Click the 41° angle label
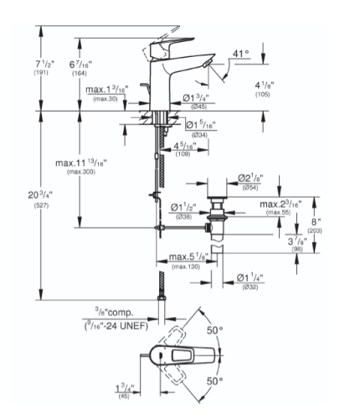pyautogui.click(x=241, y=54)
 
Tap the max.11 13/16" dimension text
pyautogui.click(x=83, y=163)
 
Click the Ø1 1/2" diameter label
pyautogui.click(x=183, y=206)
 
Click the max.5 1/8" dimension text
pyautogui.click(x=187, y=256)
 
